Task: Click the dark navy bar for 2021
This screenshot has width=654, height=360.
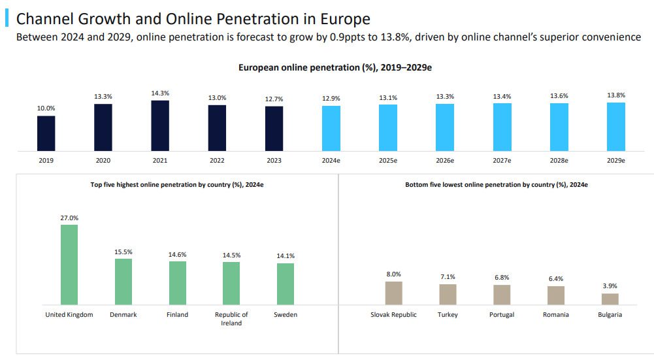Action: [160, 125]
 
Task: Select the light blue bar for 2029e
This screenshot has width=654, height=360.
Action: [616, 127]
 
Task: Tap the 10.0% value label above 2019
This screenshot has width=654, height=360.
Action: [46, 108]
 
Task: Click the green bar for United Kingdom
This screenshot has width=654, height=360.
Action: [69, 265]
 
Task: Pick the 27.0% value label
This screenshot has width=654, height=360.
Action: [69, 218]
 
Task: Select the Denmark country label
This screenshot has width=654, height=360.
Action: [123, 315]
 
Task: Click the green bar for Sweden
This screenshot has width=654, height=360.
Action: [286, 284]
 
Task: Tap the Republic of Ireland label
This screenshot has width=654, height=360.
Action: [231, 319]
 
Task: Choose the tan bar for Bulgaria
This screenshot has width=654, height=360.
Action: [610, 299]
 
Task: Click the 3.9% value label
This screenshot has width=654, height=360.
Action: [610, 286]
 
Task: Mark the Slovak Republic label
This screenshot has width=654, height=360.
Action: [393, 315]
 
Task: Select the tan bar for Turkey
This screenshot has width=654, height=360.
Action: [448, 294]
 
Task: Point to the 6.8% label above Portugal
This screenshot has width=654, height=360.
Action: [502, 278]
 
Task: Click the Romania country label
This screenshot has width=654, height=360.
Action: [556, 315]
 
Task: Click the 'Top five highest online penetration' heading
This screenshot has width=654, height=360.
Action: [176, 185]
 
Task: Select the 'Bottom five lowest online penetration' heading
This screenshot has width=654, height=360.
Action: [496, 185]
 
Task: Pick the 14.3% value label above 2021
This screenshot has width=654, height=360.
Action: [160, 93]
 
